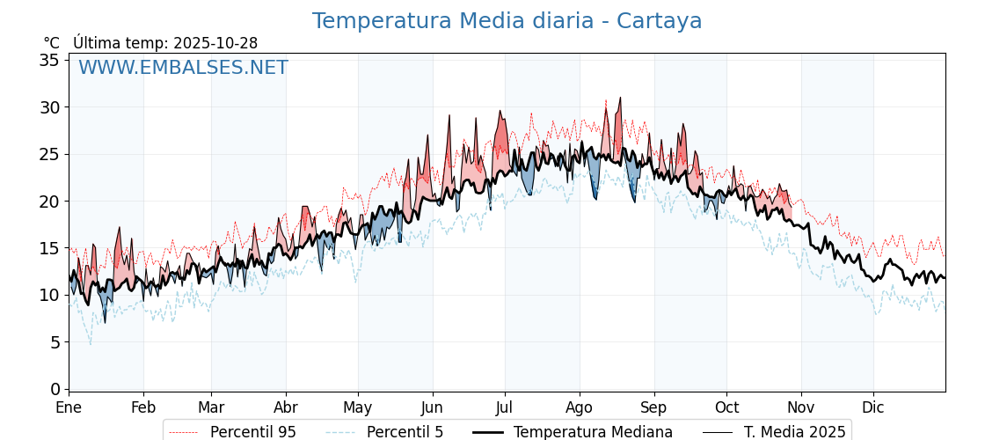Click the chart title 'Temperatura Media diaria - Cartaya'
(507, 21)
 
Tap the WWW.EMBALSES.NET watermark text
(183, 68)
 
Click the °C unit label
(52, 43)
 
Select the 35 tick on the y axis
(49, 60)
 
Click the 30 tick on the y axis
(49, 107)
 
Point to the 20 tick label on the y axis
(49, 201)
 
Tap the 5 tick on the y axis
(55, 341)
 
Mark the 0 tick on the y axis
(55, 389)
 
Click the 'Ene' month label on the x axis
(69, 407)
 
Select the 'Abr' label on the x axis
(286, 407)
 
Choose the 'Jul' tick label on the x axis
(505, 407)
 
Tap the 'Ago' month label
(579, 407)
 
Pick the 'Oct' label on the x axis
(726, 407)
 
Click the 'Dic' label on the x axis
(873, 407)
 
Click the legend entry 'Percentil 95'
(252, 432)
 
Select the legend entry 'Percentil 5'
(405, 432)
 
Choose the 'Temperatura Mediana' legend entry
(593, 432)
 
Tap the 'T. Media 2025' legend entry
(794, 432)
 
